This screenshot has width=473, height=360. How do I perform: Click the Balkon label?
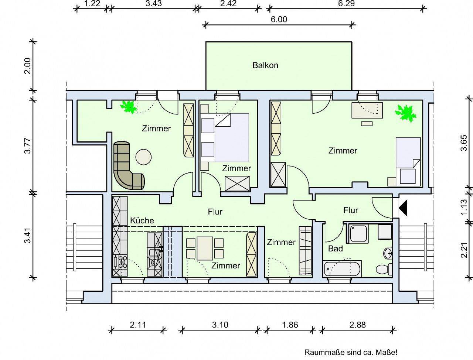[265, 65]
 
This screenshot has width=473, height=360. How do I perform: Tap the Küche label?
[142, 220]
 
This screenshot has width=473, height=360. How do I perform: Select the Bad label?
[336, 249]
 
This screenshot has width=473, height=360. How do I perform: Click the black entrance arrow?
[403, 208]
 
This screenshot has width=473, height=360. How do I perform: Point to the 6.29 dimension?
[346, 3]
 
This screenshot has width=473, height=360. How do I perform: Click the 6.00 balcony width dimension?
[279, 20]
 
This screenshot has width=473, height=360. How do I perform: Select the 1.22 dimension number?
[92, 3]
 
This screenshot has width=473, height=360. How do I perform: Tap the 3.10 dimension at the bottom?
[220, 325]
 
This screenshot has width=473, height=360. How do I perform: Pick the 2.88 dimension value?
[358, 325]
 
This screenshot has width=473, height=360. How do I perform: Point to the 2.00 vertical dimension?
[28, 66]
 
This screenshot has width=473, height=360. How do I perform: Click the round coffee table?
[143, 157]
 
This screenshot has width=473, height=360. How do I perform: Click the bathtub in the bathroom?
[342, 268]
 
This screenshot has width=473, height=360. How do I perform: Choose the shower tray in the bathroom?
[359, 234]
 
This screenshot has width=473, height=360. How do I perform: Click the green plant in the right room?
[405, 113]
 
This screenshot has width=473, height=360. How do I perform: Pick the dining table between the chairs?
[205, 248]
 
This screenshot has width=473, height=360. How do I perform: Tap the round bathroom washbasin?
[388, 253]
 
